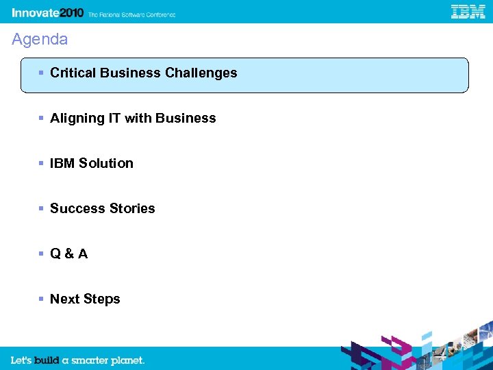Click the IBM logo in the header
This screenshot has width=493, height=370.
[x=468, y=12]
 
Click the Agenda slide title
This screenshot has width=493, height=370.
[x=40, y=40]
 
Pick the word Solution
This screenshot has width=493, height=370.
[x=106, y=163]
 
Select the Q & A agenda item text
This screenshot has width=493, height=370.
[x=68, y=254]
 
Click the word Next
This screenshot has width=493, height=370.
[x=65, y=299]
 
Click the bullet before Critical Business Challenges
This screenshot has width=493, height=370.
[x=42, y=73]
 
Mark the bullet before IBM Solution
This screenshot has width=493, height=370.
[x=42, y=163]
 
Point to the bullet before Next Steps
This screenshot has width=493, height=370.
[x=42, y=299]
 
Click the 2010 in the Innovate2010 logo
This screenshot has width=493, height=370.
[x=70, y=13]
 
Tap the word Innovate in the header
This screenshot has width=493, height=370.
[x=34, y=13]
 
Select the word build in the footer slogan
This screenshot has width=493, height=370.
[x=47, y=360]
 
